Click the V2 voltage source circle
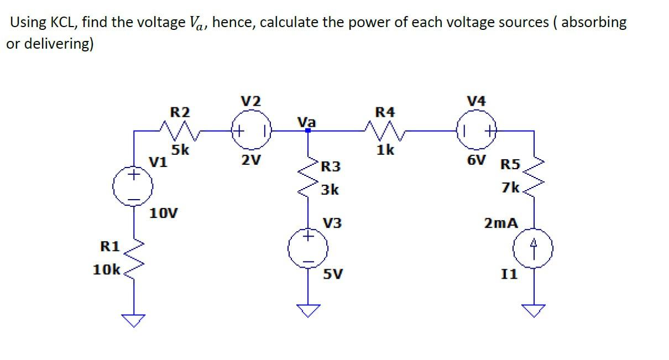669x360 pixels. click(253, 132)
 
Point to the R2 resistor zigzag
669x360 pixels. click(180, 131)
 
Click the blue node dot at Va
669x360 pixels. click(309, 131)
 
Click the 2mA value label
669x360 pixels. click(501, 223)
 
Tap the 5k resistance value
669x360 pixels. click(180, 150)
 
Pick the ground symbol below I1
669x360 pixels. click(534, 311)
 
